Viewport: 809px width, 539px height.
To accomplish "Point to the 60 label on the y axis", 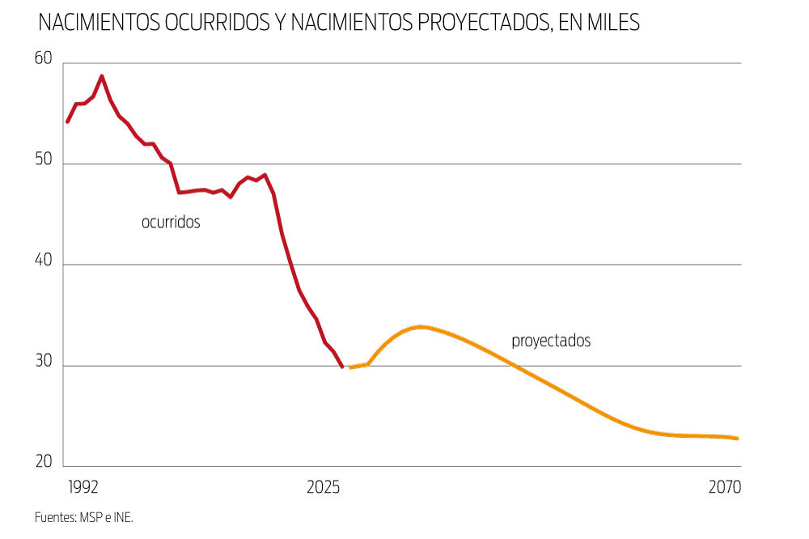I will tap(43, 59).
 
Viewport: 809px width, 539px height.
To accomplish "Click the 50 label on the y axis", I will tap(43, 161).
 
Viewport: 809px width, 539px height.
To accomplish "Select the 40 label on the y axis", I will tap(43, 261).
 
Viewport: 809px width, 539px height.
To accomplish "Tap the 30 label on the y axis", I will tap(43, 363).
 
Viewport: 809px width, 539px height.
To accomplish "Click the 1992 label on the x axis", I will tap(84, 487).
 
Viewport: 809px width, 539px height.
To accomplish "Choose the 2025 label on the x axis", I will tap(323, 487).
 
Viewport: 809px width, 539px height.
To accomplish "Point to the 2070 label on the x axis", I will tap(724, 487).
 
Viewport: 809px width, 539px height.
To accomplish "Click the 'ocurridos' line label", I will tap(171, 222).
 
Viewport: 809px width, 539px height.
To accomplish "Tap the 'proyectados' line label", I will tap(551, 341).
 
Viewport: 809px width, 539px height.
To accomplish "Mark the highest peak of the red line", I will tap(102, 76).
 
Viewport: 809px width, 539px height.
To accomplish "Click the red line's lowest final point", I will tap(342, 367).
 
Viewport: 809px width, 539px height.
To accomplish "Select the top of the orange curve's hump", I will tap(420, 326).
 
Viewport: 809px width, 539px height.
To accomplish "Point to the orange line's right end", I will tap(737, 439).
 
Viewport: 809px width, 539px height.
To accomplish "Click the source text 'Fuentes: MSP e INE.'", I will tap(83, 516).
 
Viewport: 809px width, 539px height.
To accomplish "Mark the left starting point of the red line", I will tap(68, 121).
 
